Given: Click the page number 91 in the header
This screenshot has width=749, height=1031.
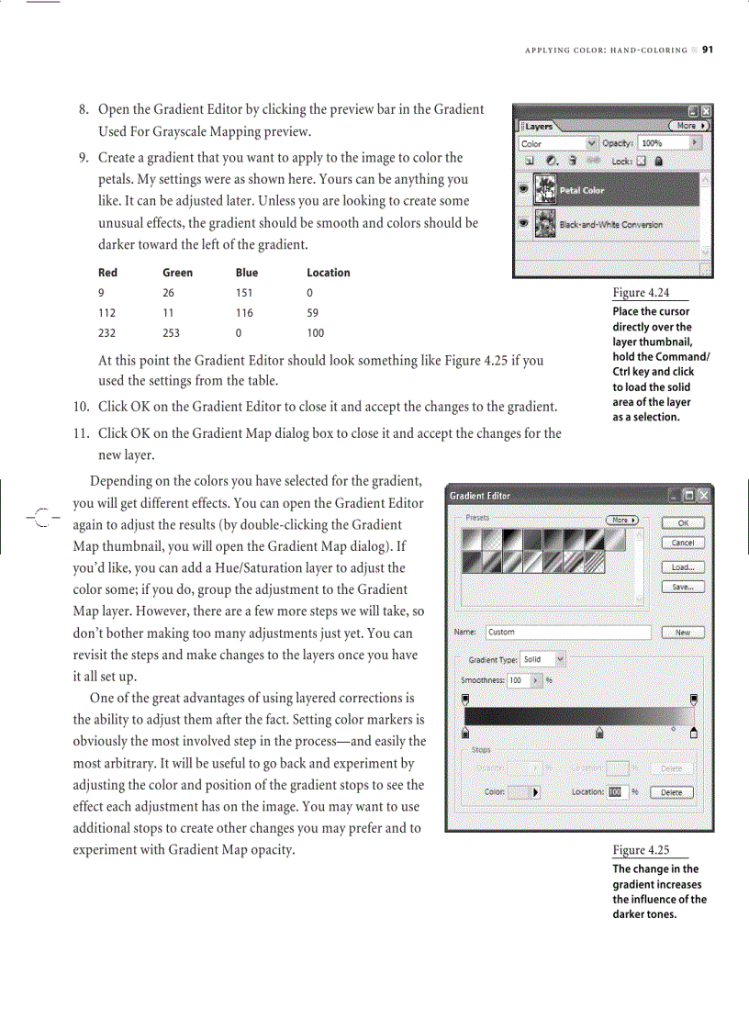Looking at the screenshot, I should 708,50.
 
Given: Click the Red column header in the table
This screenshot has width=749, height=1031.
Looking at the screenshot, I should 107,273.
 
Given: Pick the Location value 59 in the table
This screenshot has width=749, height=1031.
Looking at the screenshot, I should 312,313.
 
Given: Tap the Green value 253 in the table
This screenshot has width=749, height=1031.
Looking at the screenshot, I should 173,333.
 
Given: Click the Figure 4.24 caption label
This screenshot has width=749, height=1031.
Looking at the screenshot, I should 640,293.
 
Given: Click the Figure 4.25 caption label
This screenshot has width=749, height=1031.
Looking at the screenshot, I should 641,850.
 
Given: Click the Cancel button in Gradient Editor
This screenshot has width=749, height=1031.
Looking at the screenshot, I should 682,543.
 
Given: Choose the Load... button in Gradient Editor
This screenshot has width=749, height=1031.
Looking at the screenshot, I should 682,567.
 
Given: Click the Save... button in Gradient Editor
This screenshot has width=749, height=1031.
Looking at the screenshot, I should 682,587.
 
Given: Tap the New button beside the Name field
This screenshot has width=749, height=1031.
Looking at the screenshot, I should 682,633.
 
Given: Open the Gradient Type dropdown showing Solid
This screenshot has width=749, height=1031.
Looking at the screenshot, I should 543,659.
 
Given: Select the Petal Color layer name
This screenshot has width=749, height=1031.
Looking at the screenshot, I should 581,191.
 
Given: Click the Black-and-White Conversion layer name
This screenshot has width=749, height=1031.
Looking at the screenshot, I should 610,225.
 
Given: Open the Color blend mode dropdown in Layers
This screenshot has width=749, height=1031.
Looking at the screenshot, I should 558,144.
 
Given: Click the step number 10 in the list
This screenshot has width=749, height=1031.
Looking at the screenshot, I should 81,407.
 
